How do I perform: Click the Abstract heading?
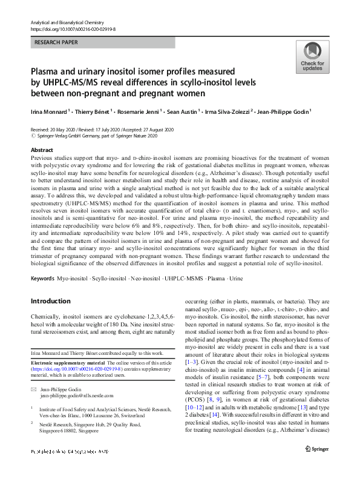click(x=42, y=150)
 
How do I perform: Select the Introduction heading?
click(x=51, y=301)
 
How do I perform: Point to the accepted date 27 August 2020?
click(x=155, y=130)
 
